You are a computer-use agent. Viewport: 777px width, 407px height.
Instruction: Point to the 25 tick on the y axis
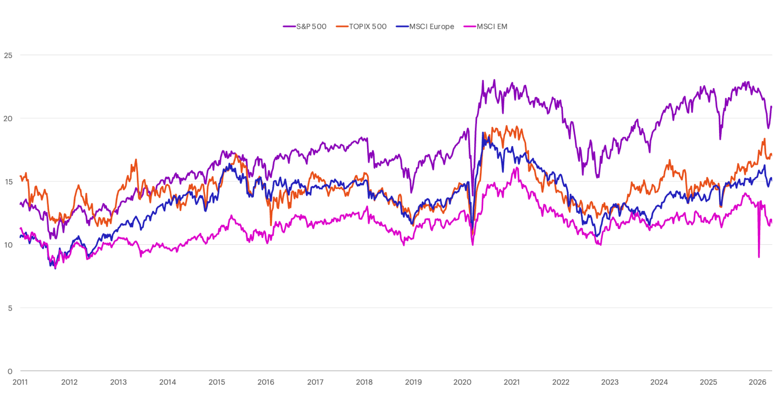coord(8,55)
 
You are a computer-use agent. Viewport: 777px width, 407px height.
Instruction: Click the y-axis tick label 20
coord(8,118)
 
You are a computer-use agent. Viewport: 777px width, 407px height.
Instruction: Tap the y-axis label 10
coord(8,245)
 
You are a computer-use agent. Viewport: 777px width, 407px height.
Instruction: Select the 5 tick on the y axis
coord(10,308)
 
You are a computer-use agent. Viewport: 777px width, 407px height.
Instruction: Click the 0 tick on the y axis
coord(10,371)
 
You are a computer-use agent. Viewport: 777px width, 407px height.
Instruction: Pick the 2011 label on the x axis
coord(20,382)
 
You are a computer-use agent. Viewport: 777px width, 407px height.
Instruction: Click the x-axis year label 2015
coord(217,382)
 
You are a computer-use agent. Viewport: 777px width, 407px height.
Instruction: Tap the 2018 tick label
coord(364,382)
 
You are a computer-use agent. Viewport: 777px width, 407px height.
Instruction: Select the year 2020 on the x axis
coord(462,382)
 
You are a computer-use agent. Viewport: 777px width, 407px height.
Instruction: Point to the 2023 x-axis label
coord(610,382)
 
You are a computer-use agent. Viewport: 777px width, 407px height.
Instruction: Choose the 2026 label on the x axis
coord(757,382)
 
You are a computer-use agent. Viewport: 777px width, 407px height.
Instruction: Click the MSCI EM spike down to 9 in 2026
coord(759,257)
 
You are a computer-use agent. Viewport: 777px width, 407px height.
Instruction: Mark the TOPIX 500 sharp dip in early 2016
coord(271,225)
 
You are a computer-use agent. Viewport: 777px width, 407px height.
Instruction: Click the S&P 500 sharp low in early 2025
coord(720,139)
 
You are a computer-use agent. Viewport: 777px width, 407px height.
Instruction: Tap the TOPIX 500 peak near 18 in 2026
coord(764,139)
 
